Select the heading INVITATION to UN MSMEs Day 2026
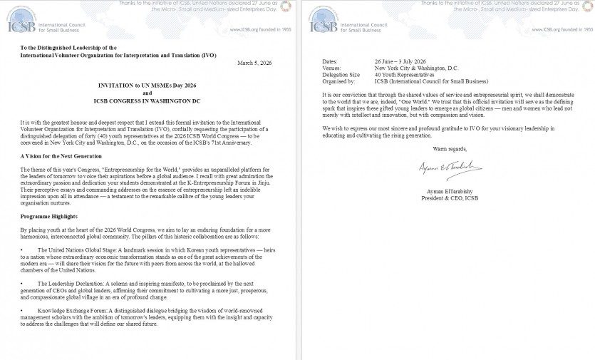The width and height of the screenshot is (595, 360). [148, 85]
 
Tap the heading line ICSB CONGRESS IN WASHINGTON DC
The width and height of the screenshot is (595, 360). [148, 101]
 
